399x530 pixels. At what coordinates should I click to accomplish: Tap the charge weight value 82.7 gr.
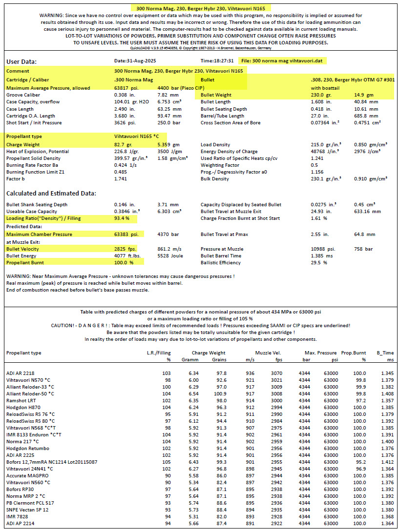[x=120, y=145]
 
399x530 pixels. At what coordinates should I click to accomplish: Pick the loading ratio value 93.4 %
[x=121, y=218]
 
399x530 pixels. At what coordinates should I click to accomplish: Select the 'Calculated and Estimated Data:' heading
[x=51, y=193]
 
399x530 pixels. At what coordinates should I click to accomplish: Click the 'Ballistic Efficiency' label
[x=221, y=263]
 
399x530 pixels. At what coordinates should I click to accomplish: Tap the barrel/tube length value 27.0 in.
[x=320, y=116]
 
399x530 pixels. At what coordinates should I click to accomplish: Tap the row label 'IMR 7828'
[x=17, y=516]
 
